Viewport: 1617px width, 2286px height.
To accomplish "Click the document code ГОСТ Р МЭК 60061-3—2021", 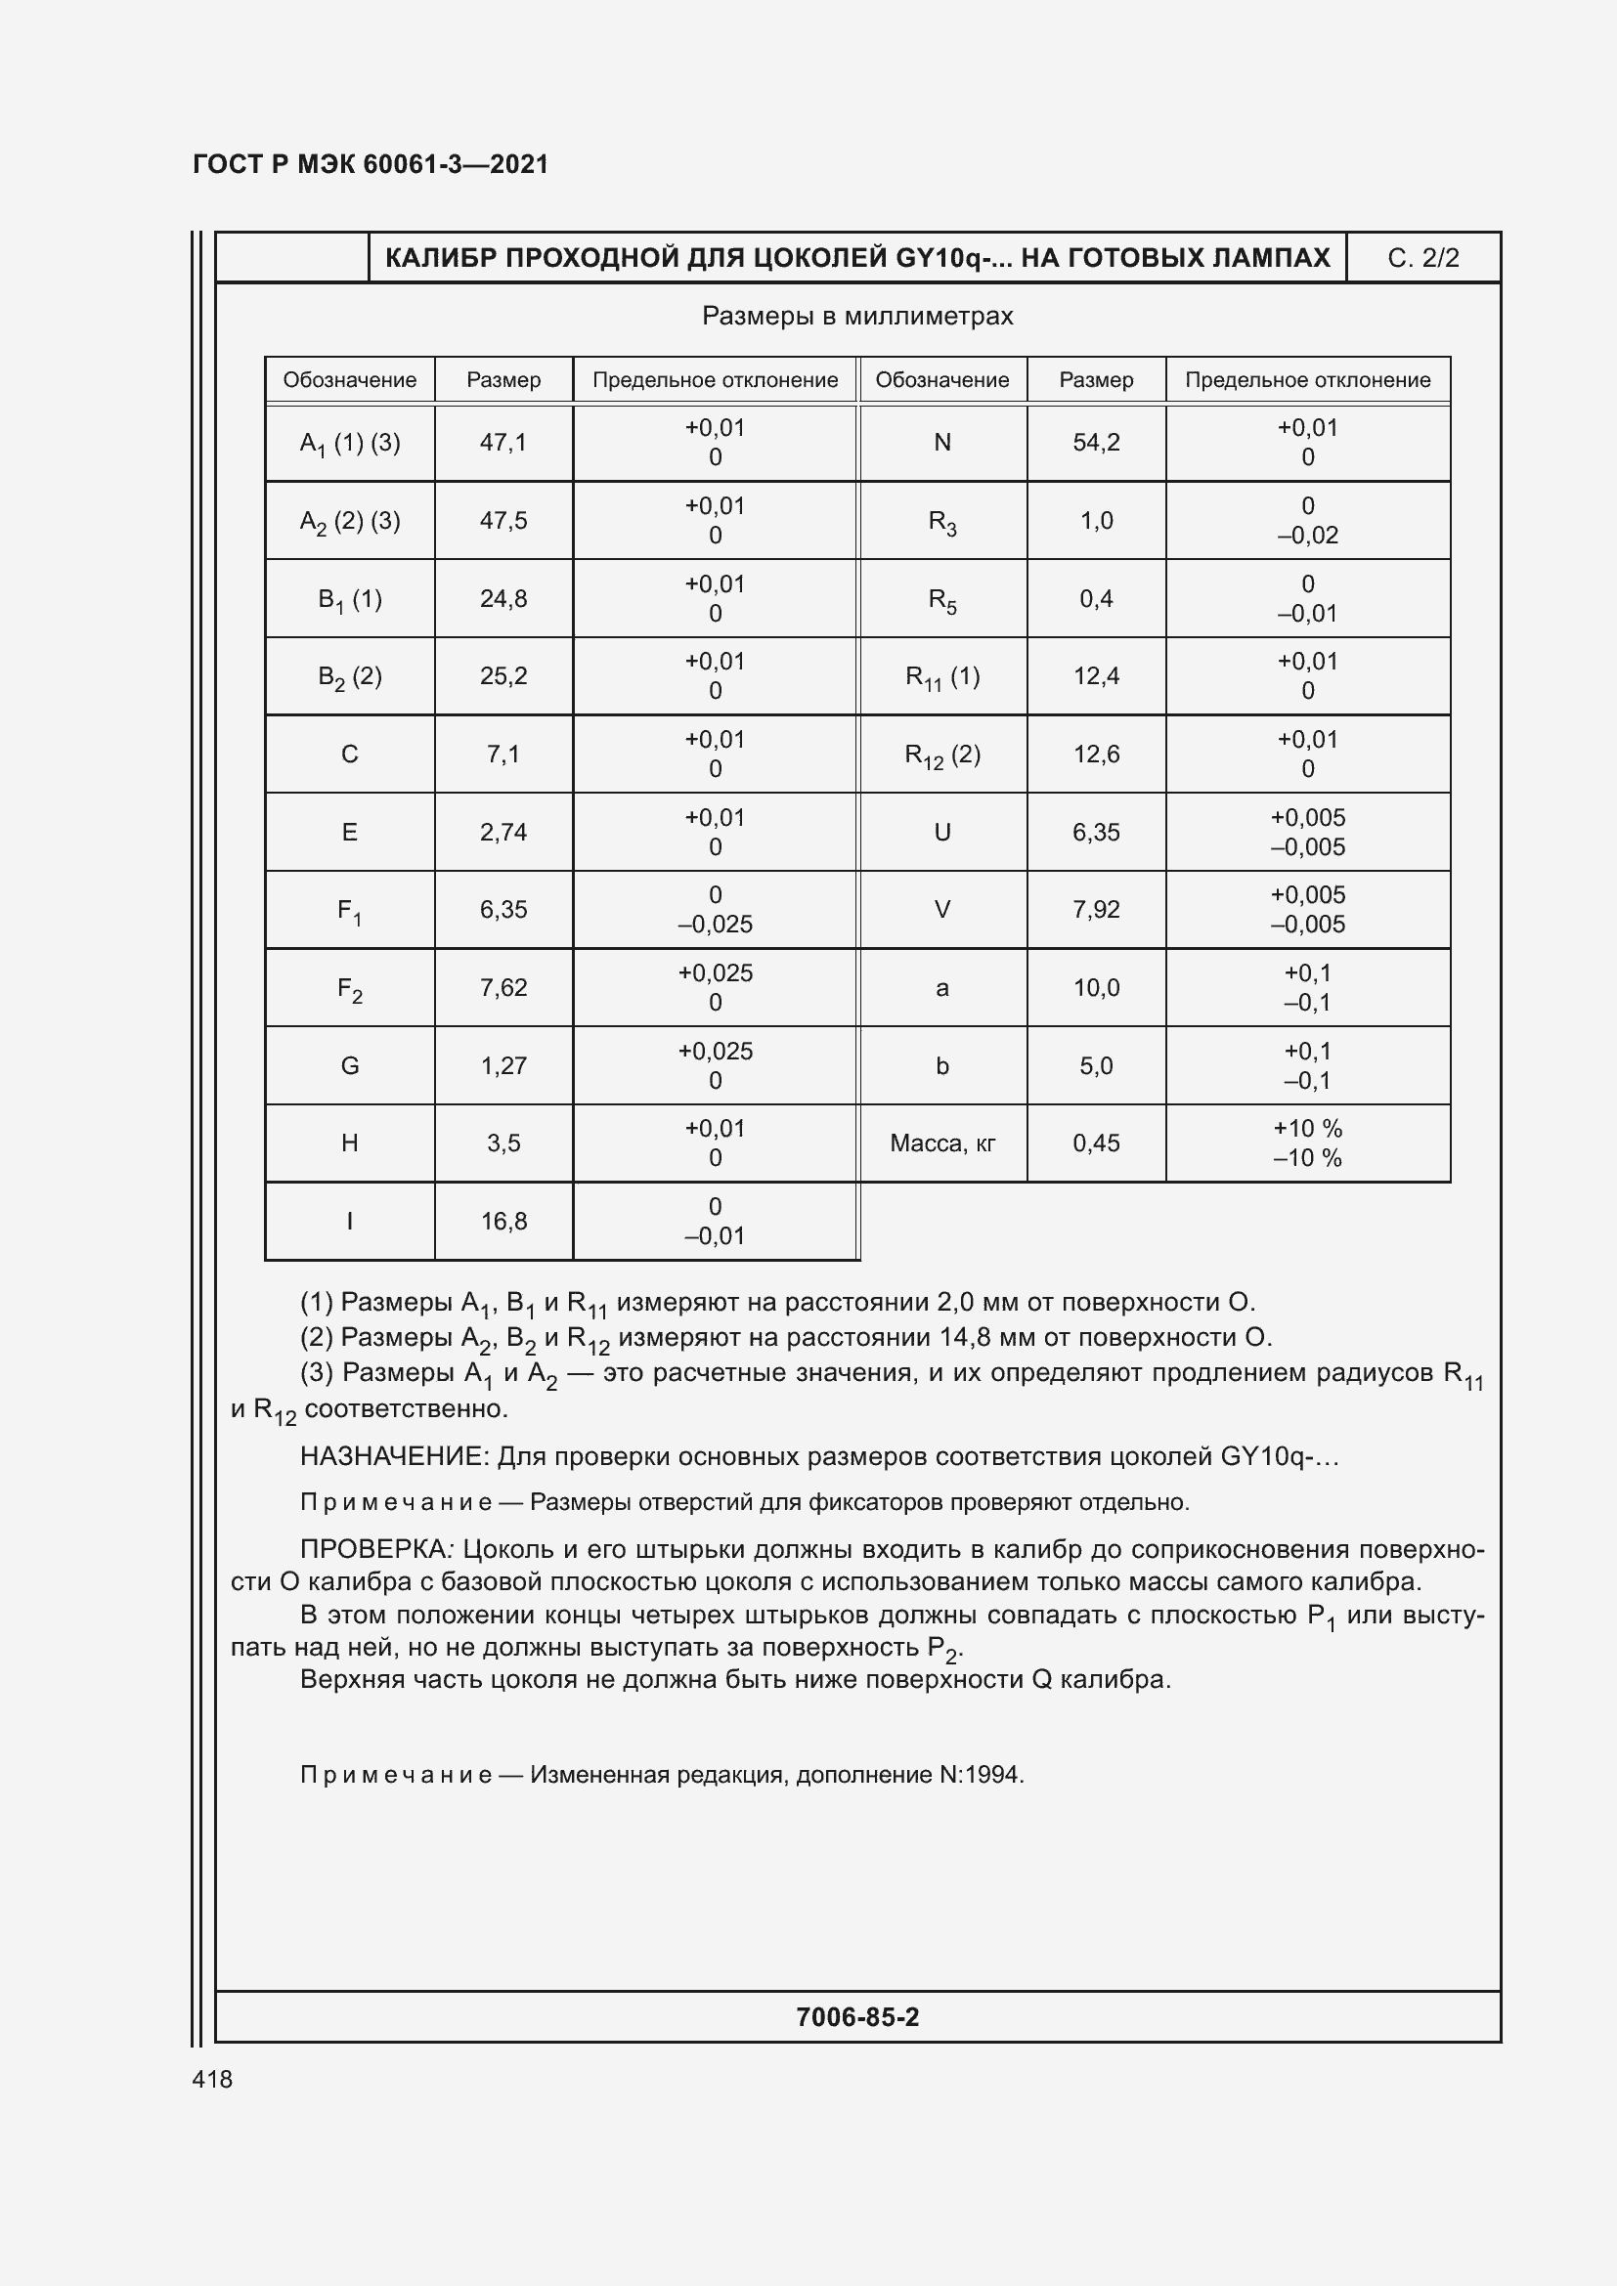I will click(371, 164).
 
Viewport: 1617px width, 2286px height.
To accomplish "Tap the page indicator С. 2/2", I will click(1421, 258).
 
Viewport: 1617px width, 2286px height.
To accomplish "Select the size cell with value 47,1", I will click(503, 442).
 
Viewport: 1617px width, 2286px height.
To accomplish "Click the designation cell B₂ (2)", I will click(349, 677).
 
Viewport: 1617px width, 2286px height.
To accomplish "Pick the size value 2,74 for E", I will click(503, 833).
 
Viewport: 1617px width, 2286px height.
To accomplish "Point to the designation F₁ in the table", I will click(349, 910).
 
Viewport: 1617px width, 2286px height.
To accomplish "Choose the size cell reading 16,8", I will click(503, 1221).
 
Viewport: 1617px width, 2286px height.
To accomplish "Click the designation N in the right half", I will click(941, 442).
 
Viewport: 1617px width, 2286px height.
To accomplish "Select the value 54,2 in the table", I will click(1095, 442).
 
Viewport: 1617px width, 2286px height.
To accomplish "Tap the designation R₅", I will click(941, 599).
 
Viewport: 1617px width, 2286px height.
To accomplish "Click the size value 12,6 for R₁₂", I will click(1095, 755).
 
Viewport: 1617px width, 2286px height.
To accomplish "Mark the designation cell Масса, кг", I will click(941, 1143).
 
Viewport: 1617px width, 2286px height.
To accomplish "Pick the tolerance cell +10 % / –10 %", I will click(1306, 1143).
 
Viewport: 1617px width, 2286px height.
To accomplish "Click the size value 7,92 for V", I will click(1095, 910).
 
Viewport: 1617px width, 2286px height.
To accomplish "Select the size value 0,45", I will click(1095, 1143).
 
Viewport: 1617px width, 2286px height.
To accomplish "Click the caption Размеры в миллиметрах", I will click(857, 317).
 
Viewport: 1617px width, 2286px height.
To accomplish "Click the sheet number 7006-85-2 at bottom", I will click(857, 2017).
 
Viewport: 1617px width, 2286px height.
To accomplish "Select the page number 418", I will click(212, 2079).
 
